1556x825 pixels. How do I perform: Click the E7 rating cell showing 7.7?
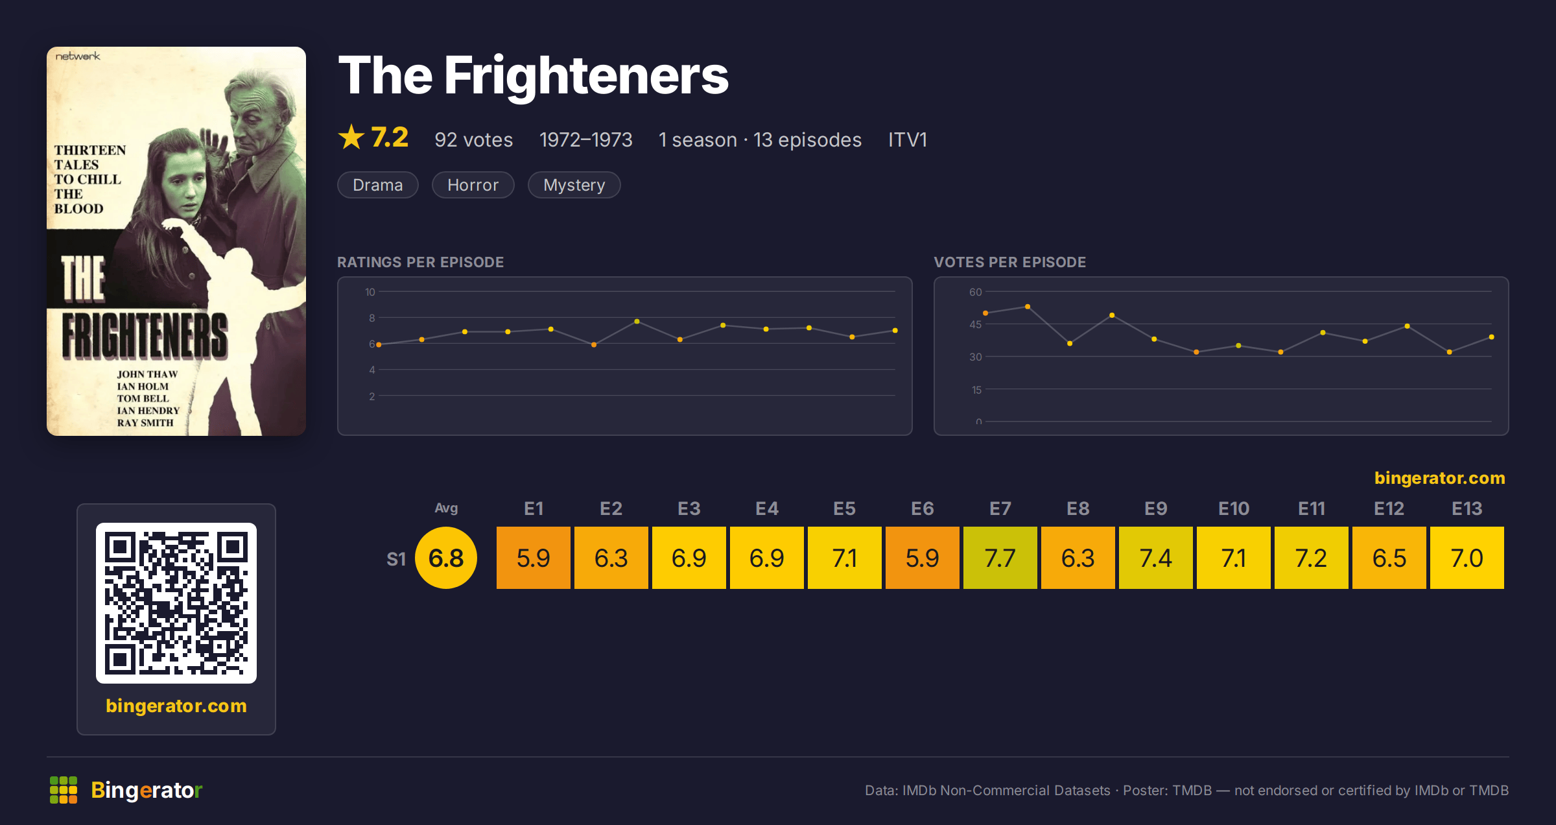1000,558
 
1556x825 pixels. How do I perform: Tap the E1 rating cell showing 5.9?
533,558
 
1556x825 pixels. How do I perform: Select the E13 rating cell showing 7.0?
1467,558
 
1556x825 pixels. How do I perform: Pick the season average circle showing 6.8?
446,558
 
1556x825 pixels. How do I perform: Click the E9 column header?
1155,508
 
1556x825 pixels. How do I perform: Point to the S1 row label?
396,559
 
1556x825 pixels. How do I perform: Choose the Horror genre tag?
473,185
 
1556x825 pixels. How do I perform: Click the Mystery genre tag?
574,185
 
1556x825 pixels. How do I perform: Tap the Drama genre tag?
378,185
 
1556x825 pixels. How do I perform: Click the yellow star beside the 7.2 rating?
351,137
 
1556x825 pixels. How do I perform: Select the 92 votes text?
474,139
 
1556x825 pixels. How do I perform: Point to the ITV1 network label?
908,139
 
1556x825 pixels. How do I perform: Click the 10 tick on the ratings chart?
370,292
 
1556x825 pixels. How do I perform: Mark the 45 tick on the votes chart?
976,324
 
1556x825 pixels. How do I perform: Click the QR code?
176,603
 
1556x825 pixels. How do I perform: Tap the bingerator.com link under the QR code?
176,706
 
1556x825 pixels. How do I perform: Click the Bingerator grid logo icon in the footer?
64,790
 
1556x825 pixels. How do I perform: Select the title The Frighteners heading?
534,75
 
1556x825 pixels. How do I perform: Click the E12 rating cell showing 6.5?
1389,558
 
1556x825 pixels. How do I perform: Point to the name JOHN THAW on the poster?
147,374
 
